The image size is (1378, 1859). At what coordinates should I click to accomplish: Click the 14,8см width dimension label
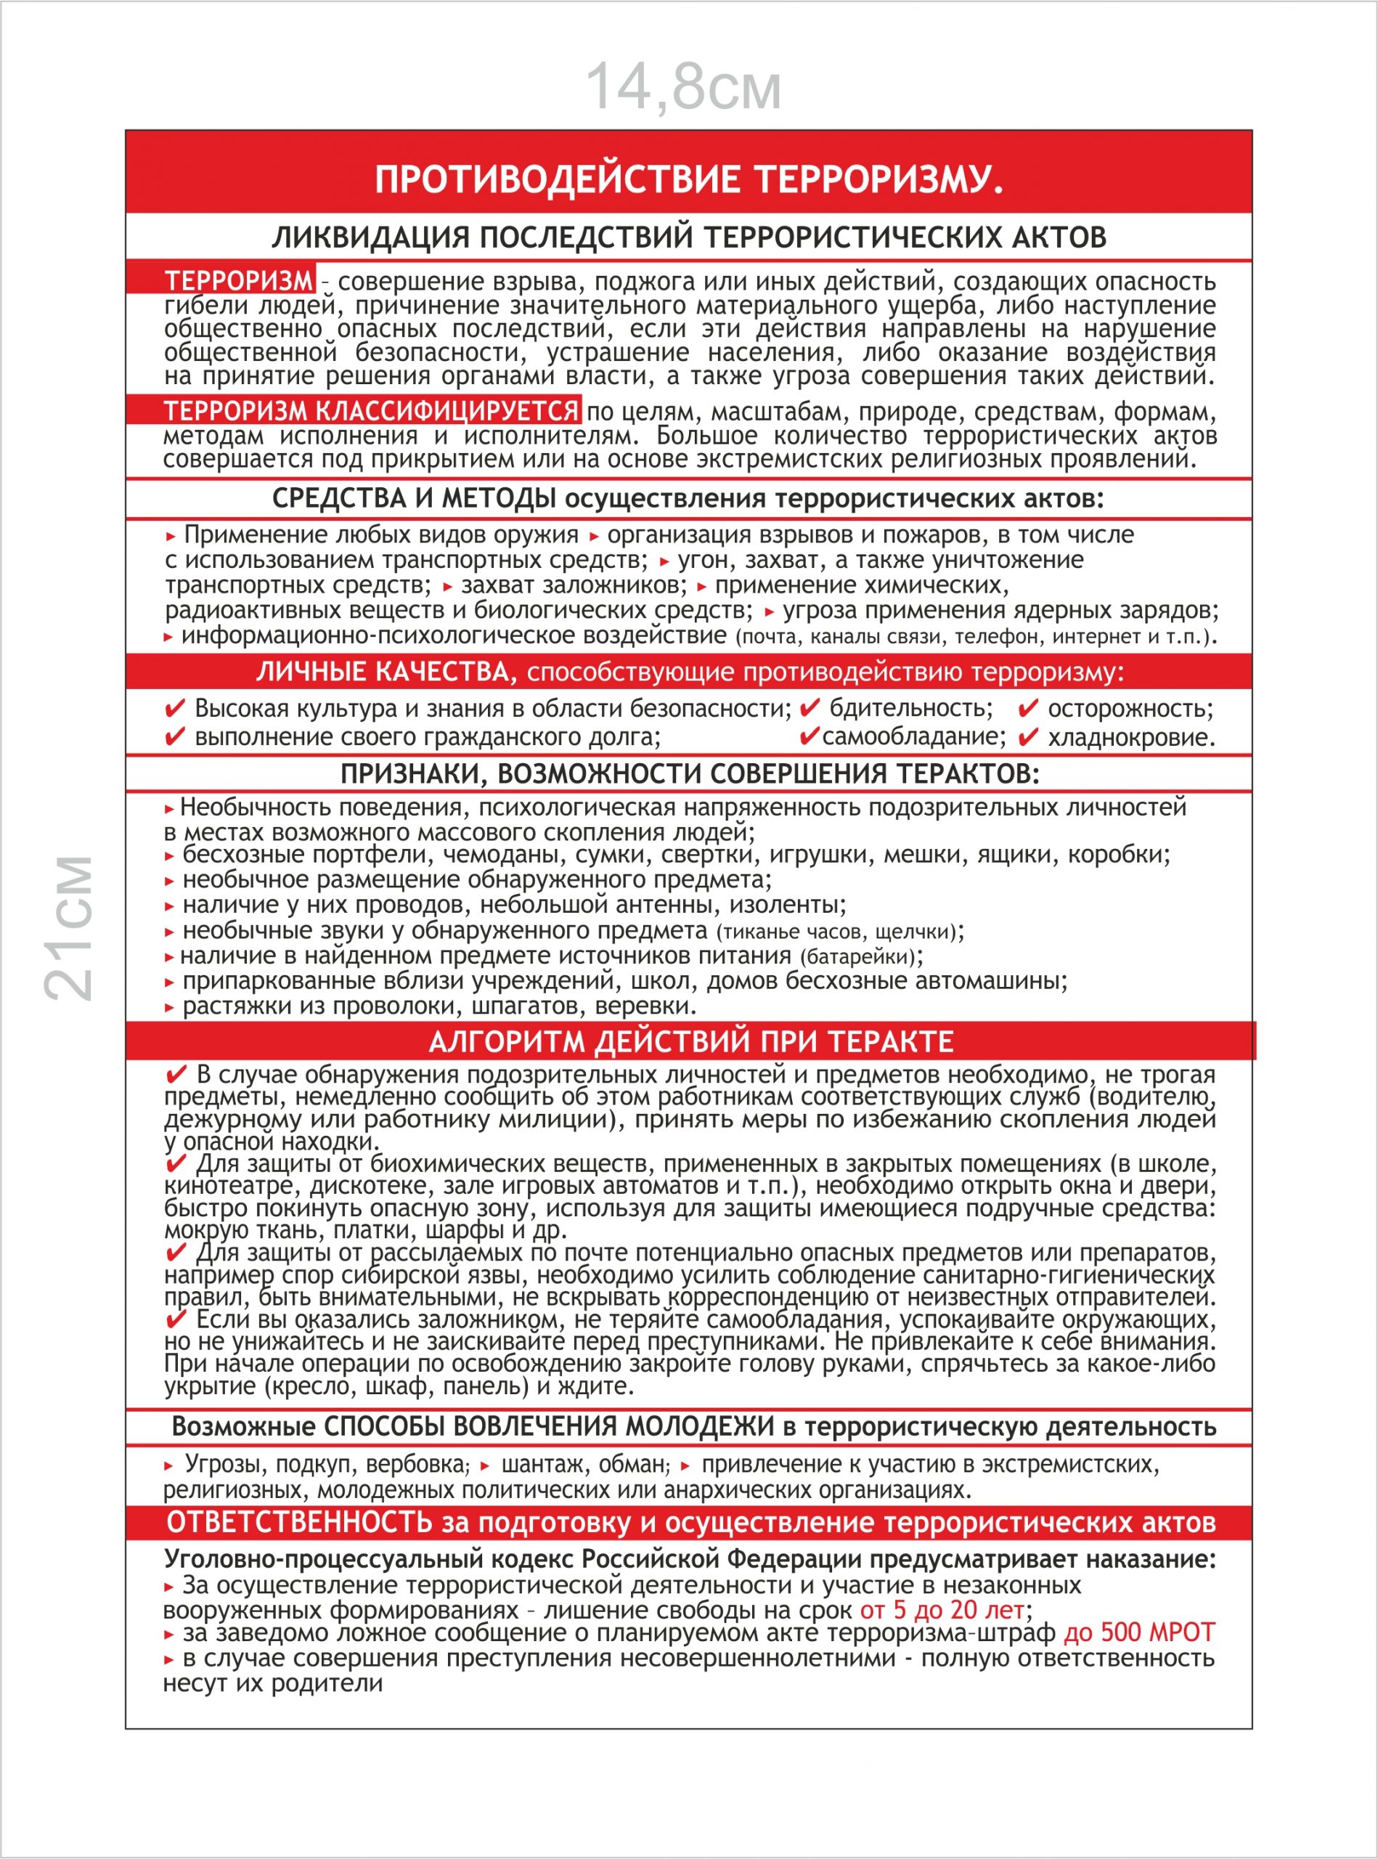683,86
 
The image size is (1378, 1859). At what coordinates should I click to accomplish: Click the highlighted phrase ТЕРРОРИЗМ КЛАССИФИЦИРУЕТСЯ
370,410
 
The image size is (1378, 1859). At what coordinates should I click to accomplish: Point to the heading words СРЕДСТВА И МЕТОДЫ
414,499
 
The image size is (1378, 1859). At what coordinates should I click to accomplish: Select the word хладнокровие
1131,738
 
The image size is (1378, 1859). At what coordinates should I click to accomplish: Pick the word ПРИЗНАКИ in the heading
410,774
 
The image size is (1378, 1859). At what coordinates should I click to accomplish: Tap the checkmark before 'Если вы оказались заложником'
176,1319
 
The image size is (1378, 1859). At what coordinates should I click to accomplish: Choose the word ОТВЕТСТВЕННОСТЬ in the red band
299,1523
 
